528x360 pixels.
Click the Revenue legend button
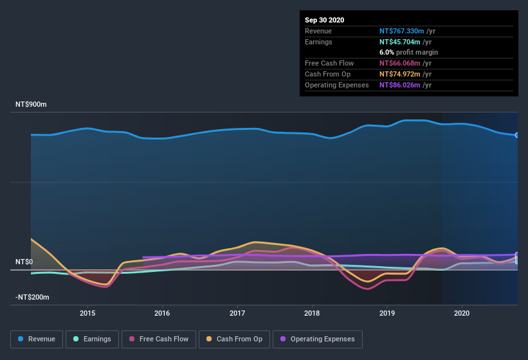pyautogui.click(x=37, y=339)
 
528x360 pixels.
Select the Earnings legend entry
pyautogui.click(x=92, y=339)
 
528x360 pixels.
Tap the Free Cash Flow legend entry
pyautogui.click(x=159, y=339)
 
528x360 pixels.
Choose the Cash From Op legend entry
pyautogui.click(x=234, y=339)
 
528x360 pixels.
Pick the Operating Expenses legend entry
pyautogui.click(x=318, y=339)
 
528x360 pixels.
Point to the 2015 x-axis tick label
pyautogui.click(x=87, y=313)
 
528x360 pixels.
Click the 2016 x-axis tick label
pyautogui.click(x=162, y=313)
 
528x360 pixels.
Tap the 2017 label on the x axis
pyautogui.click(x=237, y=313)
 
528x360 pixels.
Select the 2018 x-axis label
pyautogui.click(x=312, y=313)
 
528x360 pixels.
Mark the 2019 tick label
pyautogui.click(x=387, y=313)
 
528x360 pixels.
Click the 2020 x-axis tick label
pyautogui.click(x=462, y=313)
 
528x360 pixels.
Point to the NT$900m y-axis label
pyautogui.click(x=32, y=104)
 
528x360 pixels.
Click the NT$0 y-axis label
pyautogui.click(x=24, y=262)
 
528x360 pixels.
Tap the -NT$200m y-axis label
pyautogui.click(x=33, y=298)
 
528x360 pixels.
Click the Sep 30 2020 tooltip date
pyautogui.click(x=324, y=20)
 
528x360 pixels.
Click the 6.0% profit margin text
pyautogui.click(x=408, y=52)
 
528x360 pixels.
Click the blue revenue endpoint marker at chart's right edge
pyautogui.click(x=516, y=135)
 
